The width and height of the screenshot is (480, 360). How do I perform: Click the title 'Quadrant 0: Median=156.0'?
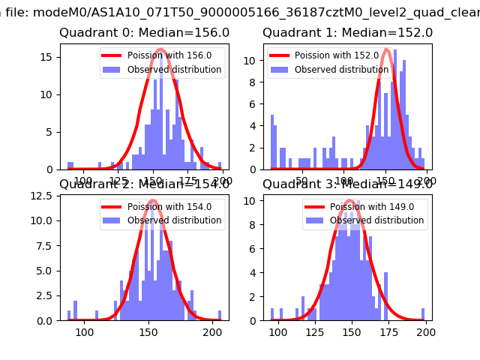[x=144, y=33]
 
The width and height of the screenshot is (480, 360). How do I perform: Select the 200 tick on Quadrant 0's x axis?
[x=223, y=181]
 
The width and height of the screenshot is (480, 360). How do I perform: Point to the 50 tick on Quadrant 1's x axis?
[x=302, y=181]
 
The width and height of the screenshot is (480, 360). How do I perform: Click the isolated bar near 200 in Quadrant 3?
[x=423, y=314]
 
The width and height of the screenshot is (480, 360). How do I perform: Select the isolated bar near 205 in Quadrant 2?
[x=220, y=315]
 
